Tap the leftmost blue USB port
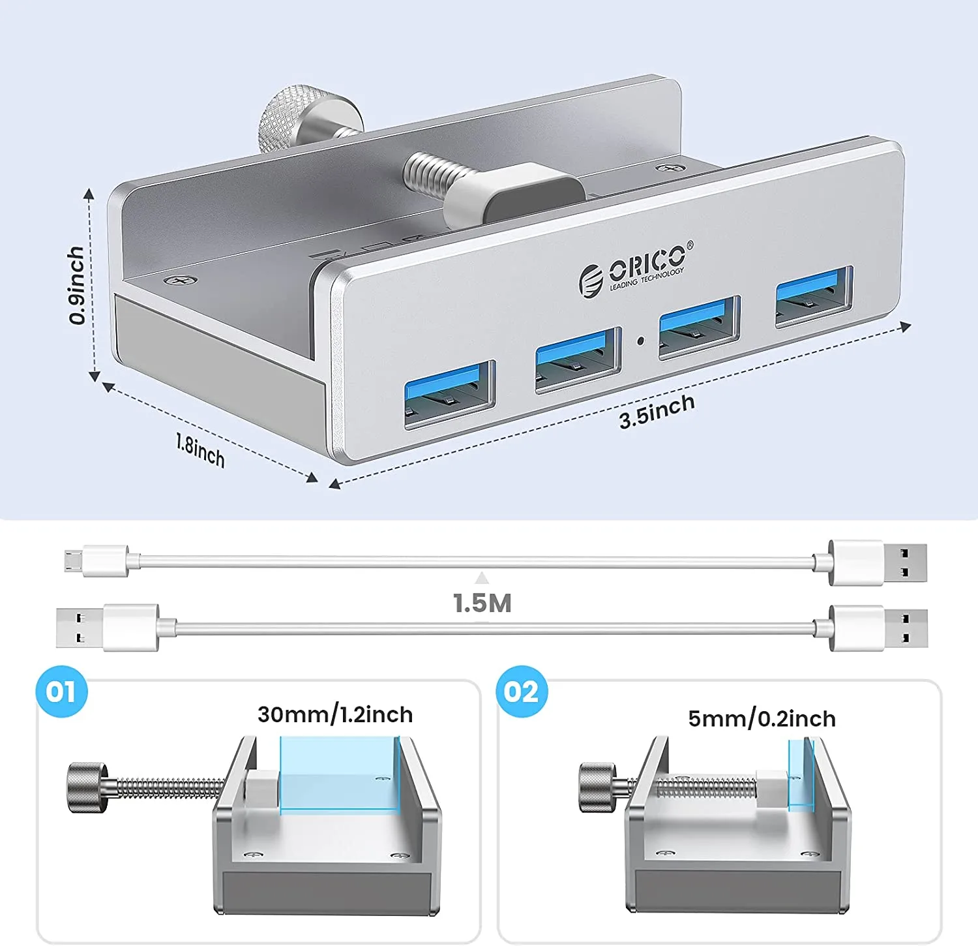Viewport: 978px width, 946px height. point(449,393)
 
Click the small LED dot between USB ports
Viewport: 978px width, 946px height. point(640,340)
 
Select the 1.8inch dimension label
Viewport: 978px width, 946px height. point(200,450)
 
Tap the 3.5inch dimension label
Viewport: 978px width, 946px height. point(657,412)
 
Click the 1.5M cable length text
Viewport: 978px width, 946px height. point(482,603)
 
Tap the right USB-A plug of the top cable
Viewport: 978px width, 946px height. point(877,562)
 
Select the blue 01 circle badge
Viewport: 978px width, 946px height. point(61,692)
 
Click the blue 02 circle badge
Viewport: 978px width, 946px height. point(521,692)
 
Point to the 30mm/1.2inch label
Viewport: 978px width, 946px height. point(335,714)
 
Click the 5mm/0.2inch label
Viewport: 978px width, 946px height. point(762,718)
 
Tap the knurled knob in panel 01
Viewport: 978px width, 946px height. point(87,787)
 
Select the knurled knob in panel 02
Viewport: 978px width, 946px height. point(597,787)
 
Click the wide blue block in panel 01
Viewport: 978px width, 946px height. point(339,774)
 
